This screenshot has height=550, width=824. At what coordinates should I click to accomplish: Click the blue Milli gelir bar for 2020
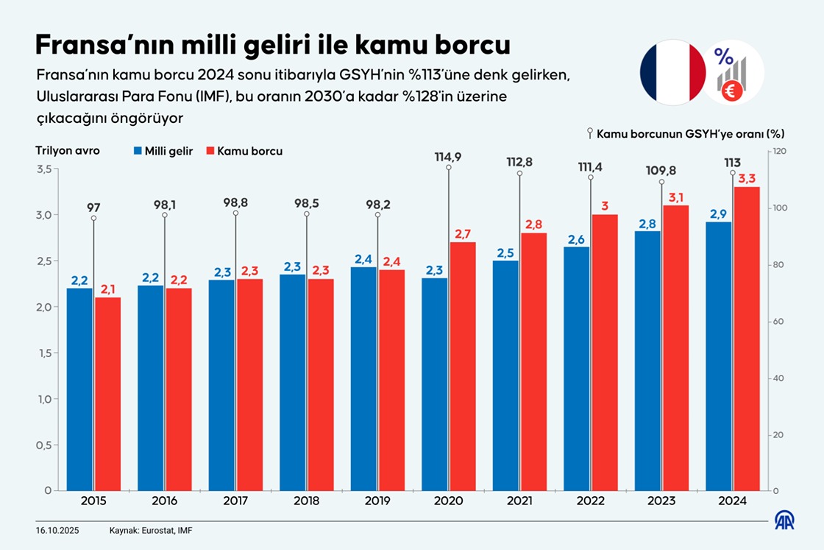pyautogui.click(x=434, y=383)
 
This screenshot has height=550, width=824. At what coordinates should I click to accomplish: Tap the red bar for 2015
pyautogui.click(x=107, y=394)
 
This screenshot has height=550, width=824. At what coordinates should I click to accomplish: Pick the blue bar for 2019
pyautogui.click(x=363, y=378)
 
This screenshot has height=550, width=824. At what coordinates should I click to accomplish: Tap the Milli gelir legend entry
pyautogui.click(x=163, y=151)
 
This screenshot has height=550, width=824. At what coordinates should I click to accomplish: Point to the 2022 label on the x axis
pyautogui.click(x=591, y=501)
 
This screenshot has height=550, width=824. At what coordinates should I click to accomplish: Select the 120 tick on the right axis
pyautogui.click(x=779, y=152)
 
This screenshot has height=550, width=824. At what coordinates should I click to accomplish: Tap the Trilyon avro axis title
pyautogui.click(x=68, y=150)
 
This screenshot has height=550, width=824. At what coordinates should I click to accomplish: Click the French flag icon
pyautogui.click(x=672, y=72)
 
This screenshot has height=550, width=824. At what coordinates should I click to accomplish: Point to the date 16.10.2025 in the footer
pyautogui.click(x=57, y=530)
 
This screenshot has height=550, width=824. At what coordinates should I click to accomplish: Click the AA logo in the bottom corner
pyautogui.click(x=784, y=520)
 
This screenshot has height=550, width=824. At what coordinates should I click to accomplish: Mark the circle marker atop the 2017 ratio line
pyautogui.click(x=235, y=213)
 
